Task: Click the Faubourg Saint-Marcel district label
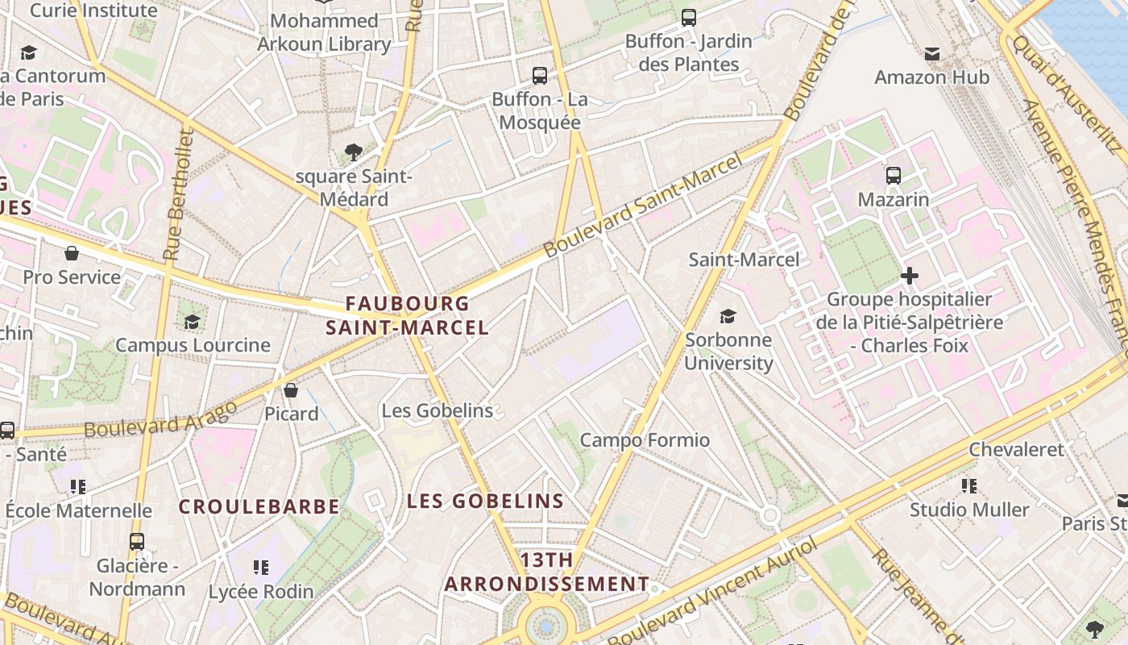point(407,315)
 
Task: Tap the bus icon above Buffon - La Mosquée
point(540,76)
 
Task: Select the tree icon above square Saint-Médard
point(353,151)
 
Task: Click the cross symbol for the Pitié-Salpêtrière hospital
point(910,276)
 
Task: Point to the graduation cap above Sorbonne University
point(728,316)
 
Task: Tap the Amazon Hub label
point(932,77)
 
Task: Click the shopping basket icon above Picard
point(291,390)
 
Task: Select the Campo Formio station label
point(645,440)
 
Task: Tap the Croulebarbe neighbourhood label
point(259,506)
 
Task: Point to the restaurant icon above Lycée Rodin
point(260,568)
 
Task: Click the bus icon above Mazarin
point(894,175)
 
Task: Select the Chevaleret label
point(1017,449)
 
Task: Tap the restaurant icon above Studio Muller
point(969,485)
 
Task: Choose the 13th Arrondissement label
point(547,572)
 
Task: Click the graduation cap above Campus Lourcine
point(192,322)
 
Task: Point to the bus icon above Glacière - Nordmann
point(137,542)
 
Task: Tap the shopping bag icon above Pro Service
point(72,253)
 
